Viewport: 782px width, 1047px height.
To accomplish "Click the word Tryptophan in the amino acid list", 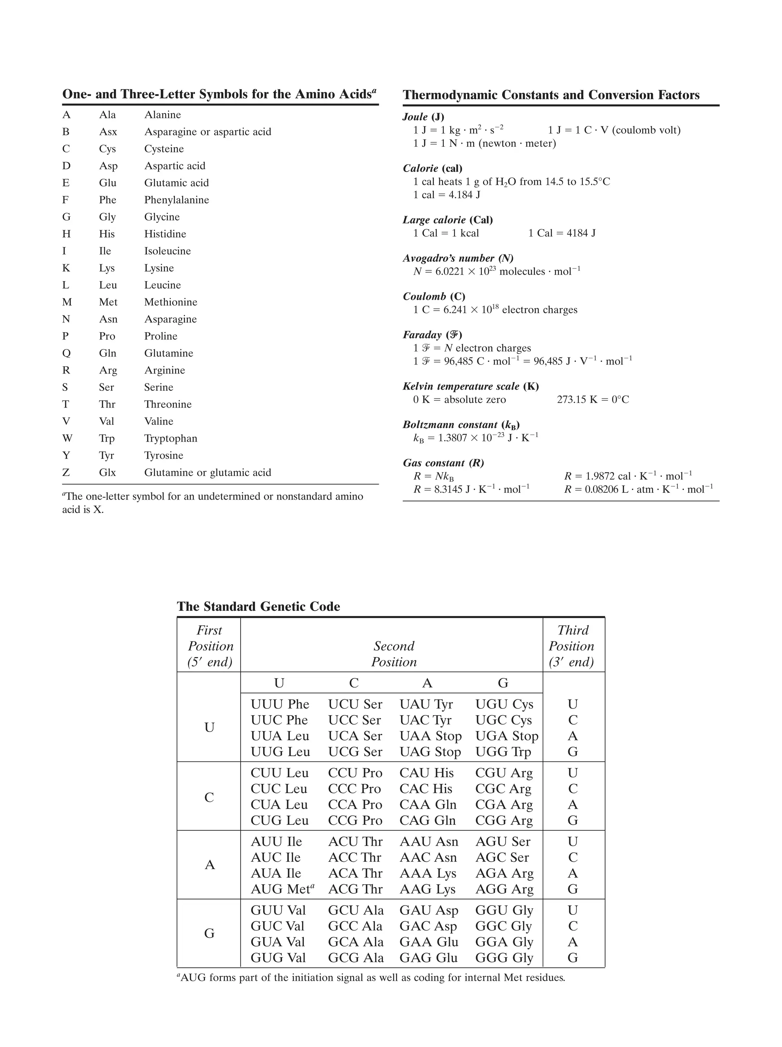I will pos(170,438).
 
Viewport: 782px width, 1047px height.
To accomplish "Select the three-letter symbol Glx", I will pos(107,473).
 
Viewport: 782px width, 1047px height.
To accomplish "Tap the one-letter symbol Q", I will pos(66,353).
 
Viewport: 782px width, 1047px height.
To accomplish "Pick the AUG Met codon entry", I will pos(282,889).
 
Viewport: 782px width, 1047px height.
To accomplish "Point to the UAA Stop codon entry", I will pos(430,736).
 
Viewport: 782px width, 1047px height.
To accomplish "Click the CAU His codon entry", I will pos(426,773).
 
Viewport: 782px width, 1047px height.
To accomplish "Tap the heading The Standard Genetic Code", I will pos(258,606).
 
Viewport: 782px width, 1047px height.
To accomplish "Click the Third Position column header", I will pos(572,646).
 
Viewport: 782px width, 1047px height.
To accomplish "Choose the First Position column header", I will pos(210,646).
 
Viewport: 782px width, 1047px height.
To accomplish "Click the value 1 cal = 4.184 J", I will pos(447,194).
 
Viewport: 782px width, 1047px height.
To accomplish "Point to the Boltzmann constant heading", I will pos(461,425).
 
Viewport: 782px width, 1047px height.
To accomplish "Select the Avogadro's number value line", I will pos(496,271).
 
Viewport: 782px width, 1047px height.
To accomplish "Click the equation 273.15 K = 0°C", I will pos(593,400).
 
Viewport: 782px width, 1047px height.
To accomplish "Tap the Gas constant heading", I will pos(443,463).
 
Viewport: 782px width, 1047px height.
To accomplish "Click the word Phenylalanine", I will pos(176,200).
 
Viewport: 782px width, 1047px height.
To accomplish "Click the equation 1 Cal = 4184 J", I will pos(562,233).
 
